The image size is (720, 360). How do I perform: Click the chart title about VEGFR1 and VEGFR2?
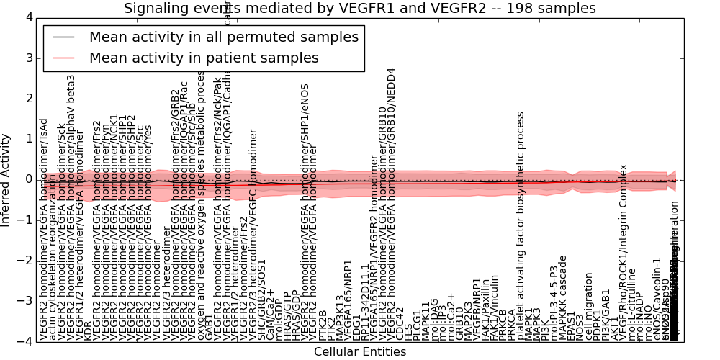coord(359,8)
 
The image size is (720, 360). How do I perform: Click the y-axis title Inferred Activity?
coord(6,179)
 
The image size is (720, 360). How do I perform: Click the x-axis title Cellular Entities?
coord(359,352)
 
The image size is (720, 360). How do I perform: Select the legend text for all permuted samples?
coord(223,37)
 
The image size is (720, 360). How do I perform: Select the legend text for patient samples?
coord(204,58)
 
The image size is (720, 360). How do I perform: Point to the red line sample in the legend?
coord(64,58)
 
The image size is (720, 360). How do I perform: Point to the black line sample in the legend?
coord(64,37)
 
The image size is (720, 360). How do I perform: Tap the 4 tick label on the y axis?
coord(28,17)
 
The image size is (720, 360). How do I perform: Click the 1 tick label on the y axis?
coord(28,139)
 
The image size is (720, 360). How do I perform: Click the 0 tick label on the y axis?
coord(28,179)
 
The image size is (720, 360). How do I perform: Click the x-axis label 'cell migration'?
coord(590,310)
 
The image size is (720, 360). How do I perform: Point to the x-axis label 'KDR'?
coord(88,330)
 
